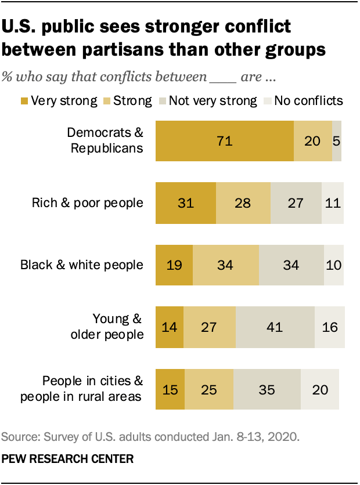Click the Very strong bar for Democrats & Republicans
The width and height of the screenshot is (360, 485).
coord(224,141)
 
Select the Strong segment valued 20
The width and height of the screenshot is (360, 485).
coord(312,141)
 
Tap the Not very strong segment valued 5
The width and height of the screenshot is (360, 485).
coord(337,141)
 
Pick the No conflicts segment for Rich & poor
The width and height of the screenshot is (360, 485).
coord(333,203)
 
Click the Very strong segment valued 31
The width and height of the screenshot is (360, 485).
coord(185,203)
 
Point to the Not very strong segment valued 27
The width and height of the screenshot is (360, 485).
coord(296,203)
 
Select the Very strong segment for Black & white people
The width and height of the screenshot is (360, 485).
coord(174,265)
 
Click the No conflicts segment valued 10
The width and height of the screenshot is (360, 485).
coord(333,265)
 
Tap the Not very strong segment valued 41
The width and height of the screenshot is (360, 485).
coord(275,327)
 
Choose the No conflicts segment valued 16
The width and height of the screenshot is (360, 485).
coord(329,327)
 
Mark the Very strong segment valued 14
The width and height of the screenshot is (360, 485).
coord(169,327)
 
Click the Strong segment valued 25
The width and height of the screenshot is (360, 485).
coord(208,389)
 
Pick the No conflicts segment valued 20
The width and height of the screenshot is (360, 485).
coord(319,389)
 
